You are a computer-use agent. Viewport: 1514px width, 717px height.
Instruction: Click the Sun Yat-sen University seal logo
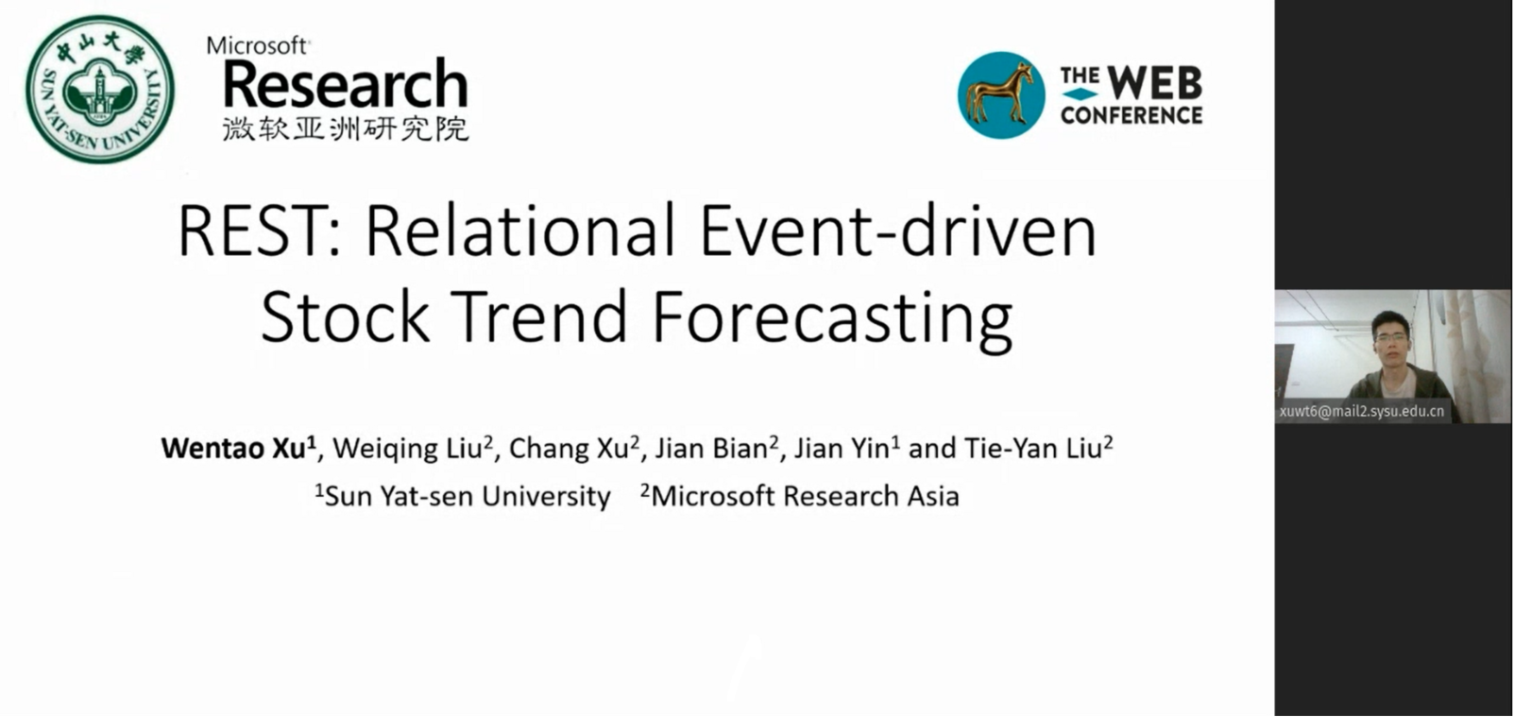(100, 89)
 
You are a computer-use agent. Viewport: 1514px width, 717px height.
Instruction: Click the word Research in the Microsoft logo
(345, 84)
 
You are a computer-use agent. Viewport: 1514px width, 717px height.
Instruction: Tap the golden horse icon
(1001, 95)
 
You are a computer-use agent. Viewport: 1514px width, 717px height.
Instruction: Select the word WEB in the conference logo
(1154, 83)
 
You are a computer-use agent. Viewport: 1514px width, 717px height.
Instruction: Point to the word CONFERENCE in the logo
(1131, 115)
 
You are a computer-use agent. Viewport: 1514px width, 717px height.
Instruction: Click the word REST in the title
(260, 231)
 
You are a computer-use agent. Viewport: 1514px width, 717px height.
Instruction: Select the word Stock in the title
(346, 316)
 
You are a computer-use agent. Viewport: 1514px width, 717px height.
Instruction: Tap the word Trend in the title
(540, 316)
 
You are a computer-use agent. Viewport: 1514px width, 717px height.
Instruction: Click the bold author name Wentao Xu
(239, 448)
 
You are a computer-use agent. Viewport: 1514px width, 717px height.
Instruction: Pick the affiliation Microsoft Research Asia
(800, 496)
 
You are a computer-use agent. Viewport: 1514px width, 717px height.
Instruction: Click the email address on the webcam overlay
(1362, 412)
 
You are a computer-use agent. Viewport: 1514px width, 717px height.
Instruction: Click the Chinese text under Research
(346, 129)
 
